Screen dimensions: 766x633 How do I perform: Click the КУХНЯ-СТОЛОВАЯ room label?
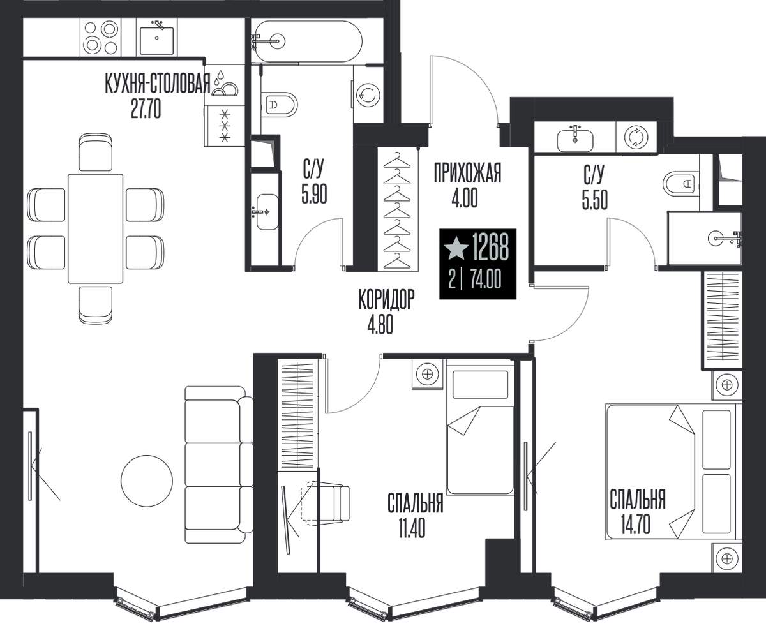pos(158,84)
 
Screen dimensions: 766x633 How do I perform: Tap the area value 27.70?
pos(146,109)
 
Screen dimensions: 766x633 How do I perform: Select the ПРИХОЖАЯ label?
pos(467,174)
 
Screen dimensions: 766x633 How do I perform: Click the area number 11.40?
pos(412,529)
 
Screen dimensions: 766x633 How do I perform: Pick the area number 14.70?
pos(636,525)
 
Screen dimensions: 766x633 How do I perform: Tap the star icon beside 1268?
pos(456,249)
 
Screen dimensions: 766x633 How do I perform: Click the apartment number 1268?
pos(490,247)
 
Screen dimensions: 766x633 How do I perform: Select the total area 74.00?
pos(486,279)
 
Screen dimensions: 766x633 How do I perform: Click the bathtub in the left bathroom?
pos(308,41)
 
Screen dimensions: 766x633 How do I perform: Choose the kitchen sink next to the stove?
pos(156,38)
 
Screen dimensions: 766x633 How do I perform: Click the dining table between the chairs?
pos(95,228)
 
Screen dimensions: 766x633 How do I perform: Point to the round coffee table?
pos(147,480)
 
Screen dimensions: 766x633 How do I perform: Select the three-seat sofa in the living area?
pos(219,465)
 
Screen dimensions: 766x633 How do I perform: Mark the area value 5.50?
pos(594,200)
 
